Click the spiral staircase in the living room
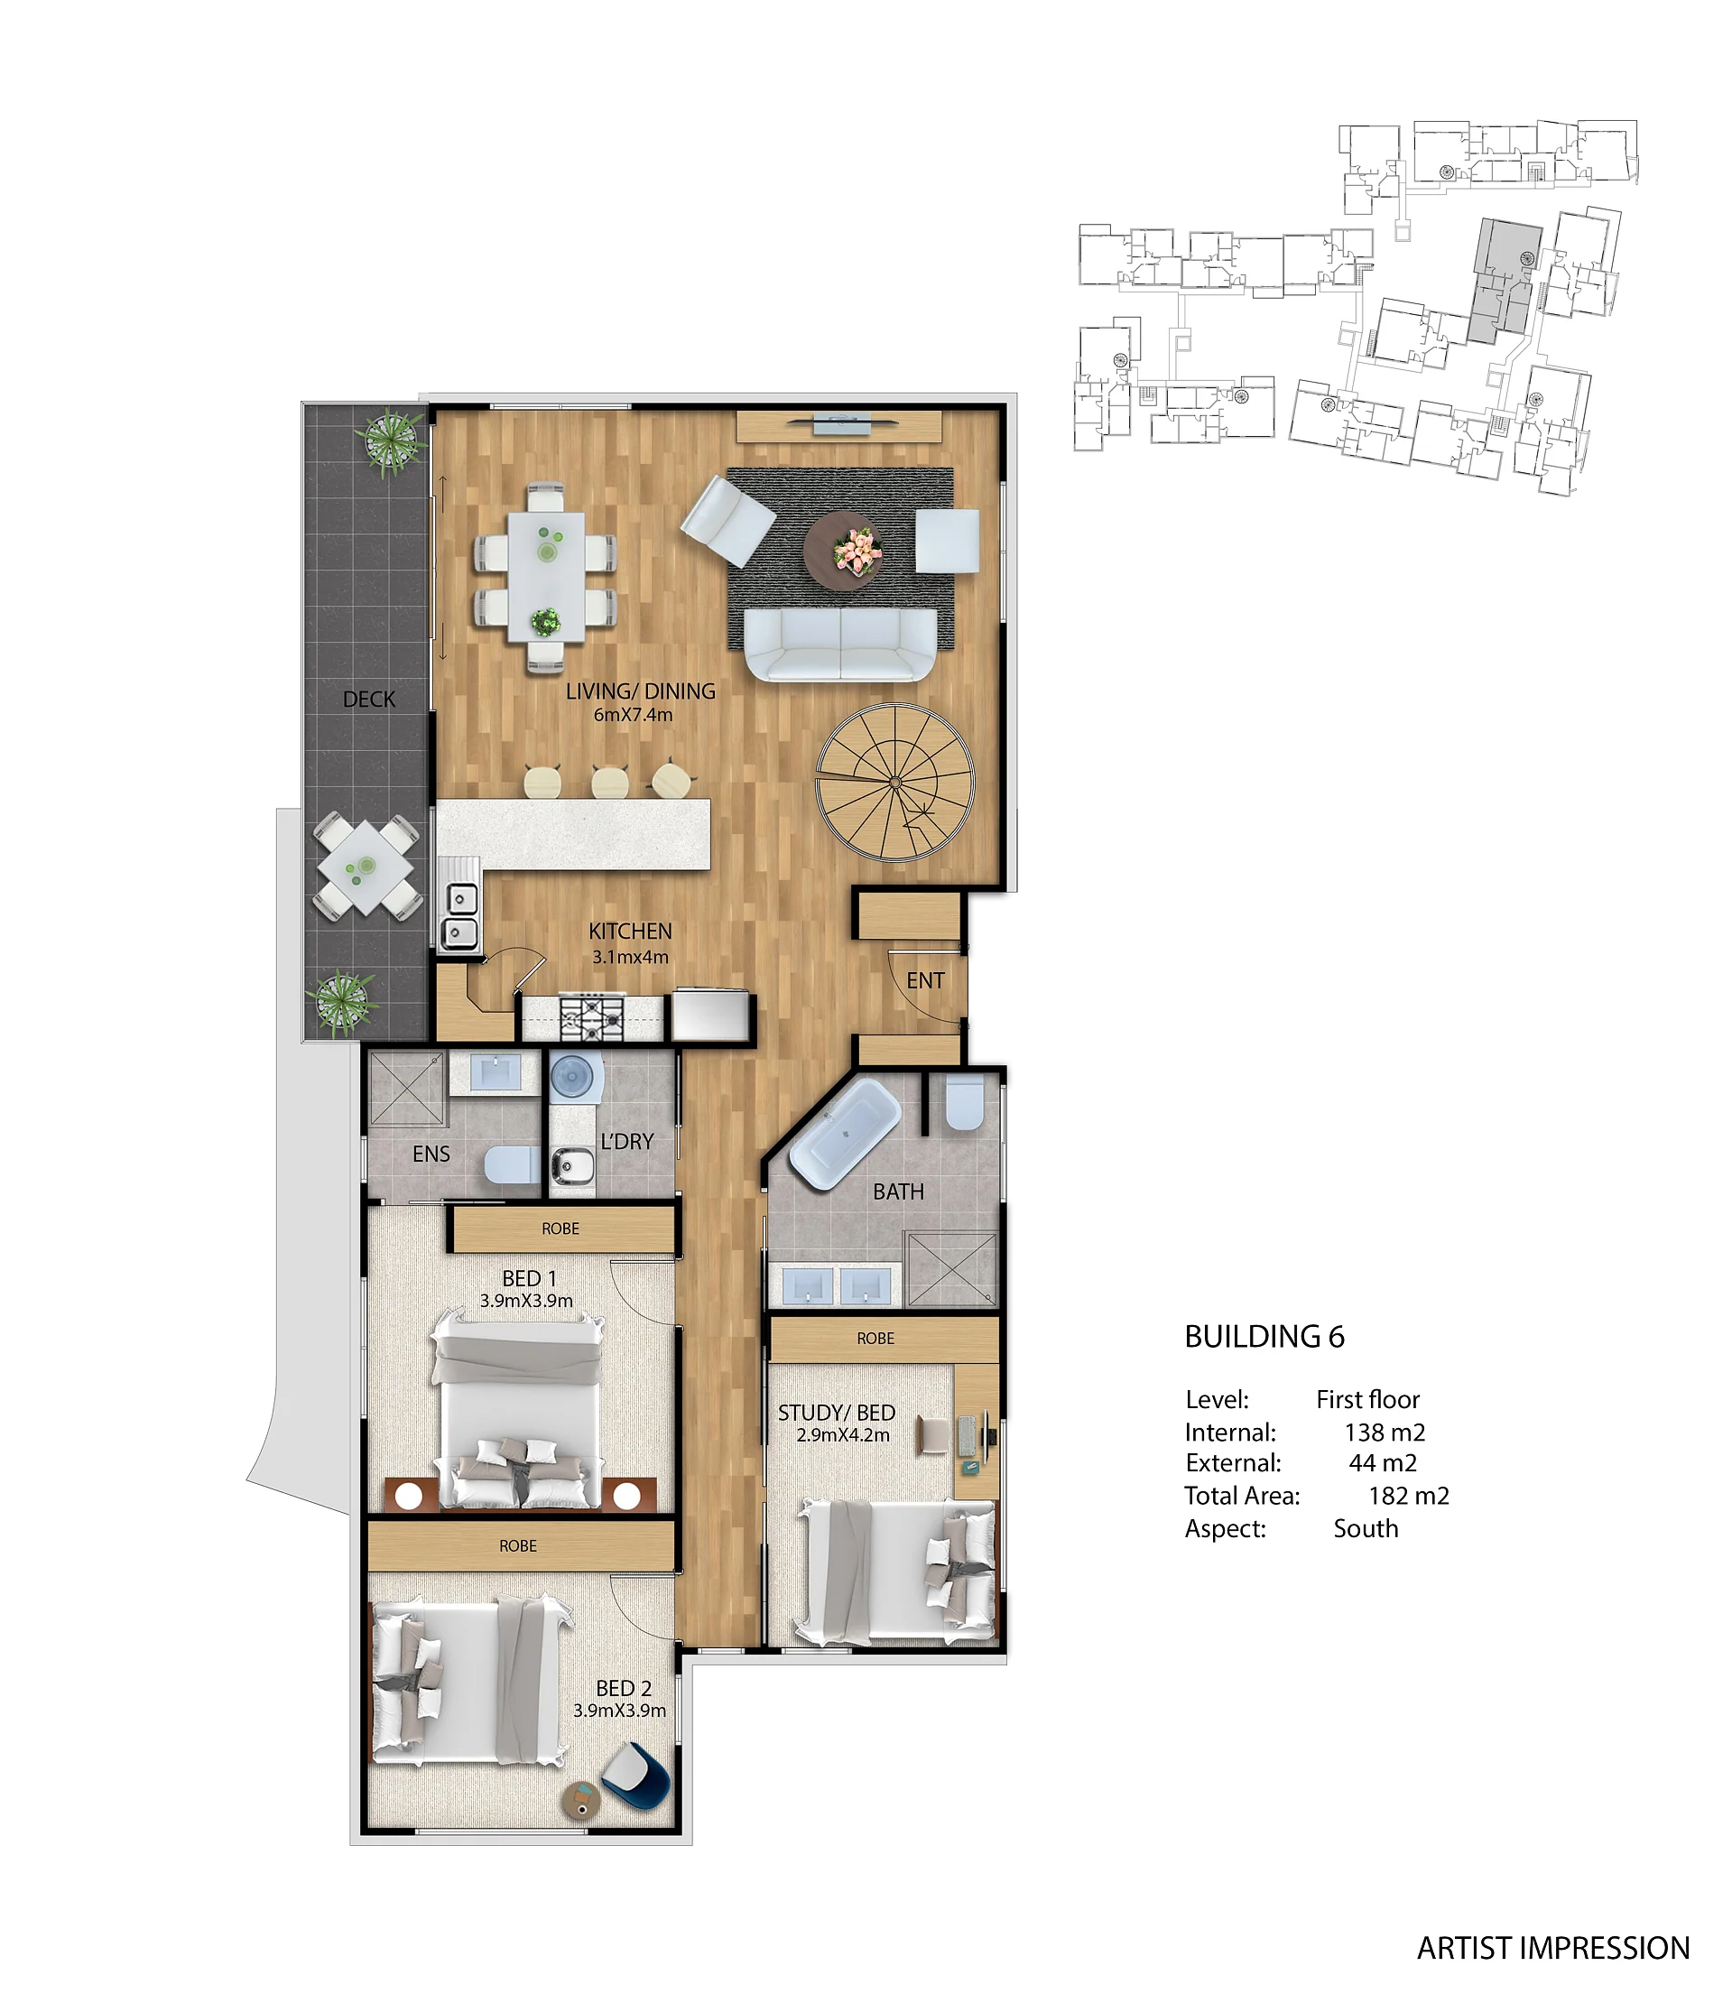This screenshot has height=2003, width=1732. point(895,782)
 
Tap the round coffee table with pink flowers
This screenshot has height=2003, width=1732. point(844,550)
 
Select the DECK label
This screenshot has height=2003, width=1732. point(369,699)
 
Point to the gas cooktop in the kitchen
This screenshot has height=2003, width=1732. point(591,1017)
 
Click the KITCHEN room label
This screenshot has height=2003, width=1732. point(630,931)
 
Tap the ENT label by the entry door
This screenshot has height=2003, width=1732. point(925,980)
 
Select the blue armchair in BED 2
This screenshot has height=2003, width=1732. point(637,1776)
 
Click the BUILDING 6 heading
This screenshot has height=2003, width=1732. point(1264,1337)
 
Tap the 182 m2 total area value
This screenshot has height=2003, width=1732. point(1408,1496)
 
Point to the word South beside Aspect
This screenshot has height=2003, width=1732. point(1366,1528)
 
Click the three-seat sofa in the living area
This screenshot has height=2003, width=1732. point(841,644)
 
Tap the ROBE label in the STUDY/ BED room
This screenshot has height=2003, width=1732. point(875,1338)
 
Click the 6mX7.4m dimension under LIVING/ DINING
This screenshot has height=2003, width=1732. point(633,714)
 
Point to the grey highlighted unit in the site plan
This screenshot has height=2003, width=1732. point(1505,280)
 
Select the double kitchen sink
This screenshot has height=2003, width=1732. point(459,915)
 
